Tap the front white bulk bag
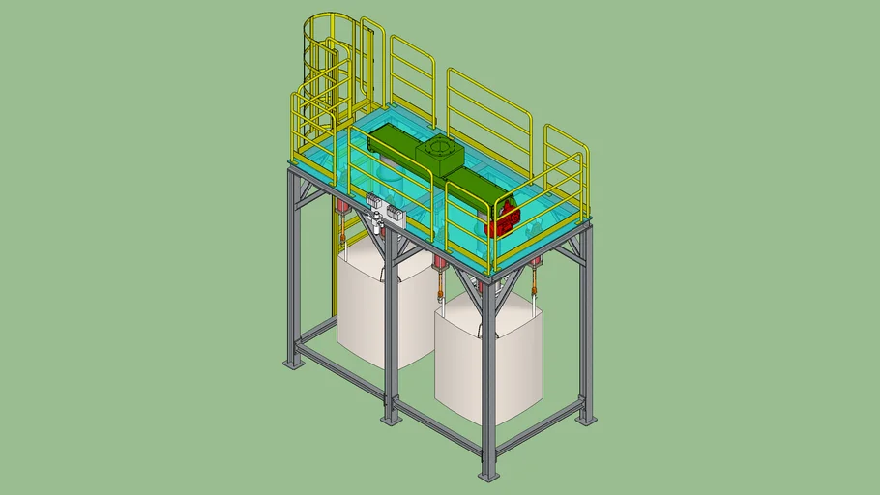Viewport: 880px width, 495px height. (x=487, y=358)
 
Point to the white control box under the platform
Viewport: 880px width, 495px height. (x=384, y=213)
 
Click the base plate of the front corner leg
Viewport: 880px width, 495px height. (x=489, y=475)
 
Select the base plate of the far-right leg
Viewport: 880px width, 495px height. (x=586, y=420)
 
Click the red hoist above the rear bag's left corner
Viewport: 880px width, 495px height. (x=340, y=209)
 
